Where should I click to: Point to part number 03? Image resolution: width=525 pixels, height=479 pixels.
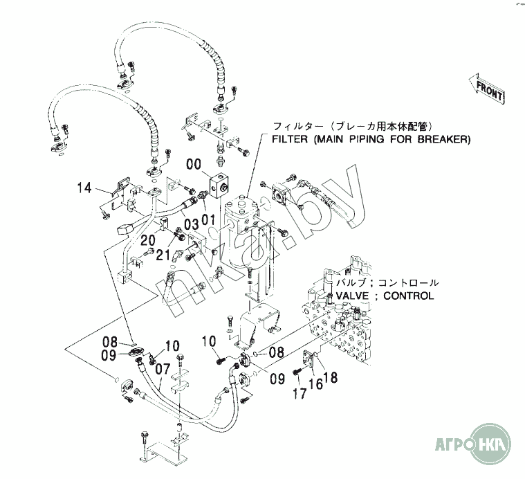[x=192, y=223]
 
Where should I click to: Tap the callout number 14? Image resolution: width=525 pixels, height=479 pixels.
[x=84, y=187]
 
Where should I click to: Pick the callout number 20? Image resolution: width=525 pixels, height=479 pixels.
[x=148, y=239]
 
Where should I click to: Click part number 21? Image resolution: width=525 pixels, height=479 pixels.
[x=163, y=255]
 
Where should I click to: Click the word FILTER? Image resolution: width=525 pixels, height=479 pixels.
[x=290, y=139]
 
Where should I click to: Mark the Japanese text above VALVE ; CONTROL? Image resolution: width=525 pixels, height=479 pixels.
[x=387, y=283]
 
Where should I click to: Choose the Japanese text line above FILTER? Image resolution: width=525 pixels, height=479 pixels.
[x=353, y=126]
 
